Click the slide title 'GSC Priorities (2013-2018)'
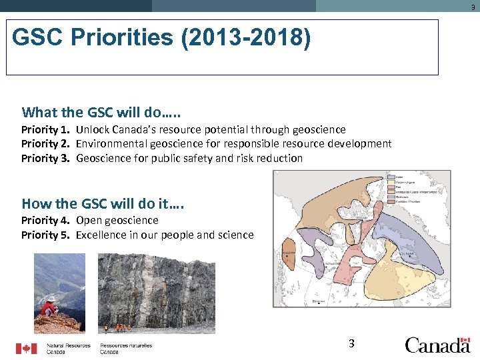tap(161, 39)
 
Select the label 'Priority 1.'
tap(45, 129)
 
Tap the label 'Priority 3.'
tap(45, 159)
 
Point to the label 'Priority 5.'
tap(45, 235)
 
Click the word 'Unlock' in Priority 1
tap(93, 129)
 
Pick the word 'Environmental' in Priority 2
tap(109, 144)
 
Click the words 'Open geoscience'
tap(117, 220)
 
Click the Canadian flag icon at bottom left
tap(27, 348)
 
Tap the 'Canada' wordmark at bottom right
tap(437, 345)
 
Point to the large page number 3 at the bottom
tap(351, 344)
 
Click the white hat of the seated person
tap(50, 299)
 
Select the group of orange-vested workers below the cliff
tap(117, 327)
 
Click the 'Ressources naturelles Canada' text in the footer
tap(126, 349)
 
